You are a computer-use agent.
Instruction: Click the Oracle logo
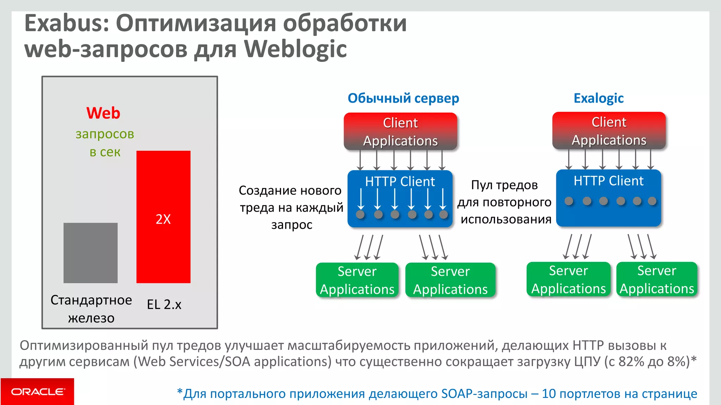tap(37, 392)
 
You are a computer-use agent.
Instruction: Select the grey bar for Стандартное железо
tap(90, 253)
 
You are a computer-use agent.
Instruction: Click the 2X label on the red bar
tap(163, 219)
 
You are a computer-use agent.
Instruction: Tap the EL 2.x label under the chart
tap(164, 304)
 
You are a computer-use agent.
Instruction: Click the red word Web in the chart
tap(103, 113)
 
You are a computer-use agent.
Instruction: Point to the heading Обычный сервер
tap(403, 98)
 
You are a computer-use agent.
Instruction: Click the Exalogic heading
tap(598, 98)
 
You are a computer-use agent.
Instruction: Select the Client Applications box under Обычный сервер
tap(400, 131)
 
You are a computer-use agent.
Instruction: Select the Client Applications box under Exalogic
tap(609, 131)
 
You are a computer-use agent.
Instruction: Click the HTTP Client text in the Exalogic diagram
tap(608, 181)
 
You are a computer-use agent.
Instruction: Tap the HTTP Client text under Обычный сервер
tap(400, 182)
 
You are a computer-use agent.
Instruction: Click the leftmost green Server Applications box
tap(357, 280)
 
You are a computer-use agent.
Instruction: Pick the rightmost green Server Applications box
tap(657, 279)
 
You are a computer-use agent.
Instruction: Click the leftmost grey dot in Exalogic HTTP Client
tap(569, 201)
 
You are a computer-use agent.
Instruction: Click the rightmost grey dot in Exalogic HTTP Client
tap(652, 201)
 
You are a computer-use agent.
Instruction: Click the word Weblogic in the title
tap(295, 49)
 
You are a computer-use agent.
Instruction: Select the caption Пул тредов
tap(504, 185)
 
